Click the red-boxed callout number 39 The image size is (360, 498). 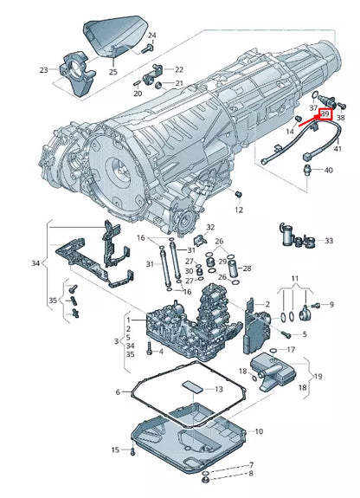coord(325,114)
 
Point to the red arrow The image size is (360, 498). coord(309,120)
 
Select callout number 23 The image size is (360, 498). coord(44,70)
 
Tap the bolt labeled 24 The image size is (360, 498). coord(148,49)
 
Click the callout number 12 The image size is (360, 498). coord(239,210)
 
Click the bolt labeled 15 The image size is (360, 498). coord(132,451)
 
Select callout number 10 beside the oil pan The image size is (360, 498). coord(259,431)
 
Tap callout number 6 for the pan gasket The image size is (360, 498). coord(118,392)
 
